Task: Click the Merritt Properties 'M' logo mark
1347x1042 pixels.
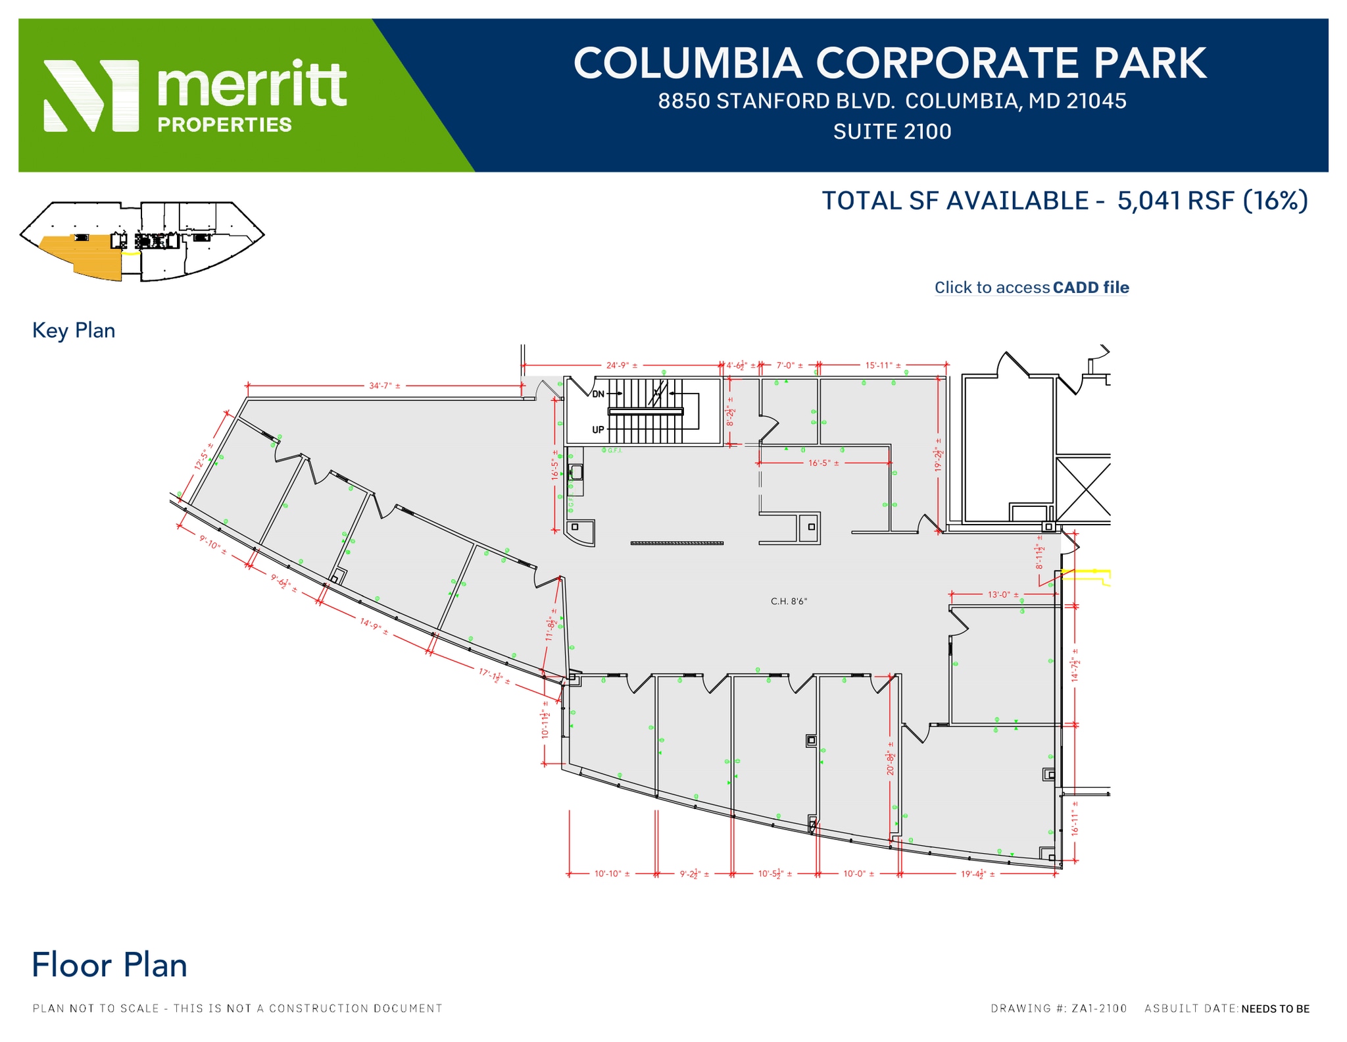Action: point(91,96)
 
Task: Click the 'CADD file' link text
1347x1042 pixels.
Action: point(1090,288)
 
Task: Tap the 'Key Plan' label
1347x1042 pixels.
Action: point(74,330)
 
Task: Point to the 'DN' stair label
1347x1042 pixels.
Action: point(598,394)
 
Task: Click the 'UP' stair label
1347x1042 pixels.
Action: point(598,430)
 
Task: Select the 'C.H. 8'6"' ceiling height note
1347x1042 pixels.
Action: point(789,601)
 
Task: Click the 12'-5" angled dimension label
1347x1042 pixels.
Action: point(203,456)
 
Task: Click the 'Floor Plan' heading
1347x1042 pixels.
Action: point(109,966)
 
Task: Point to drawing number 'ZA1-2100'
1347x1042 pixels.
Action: point(1098,1008)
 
